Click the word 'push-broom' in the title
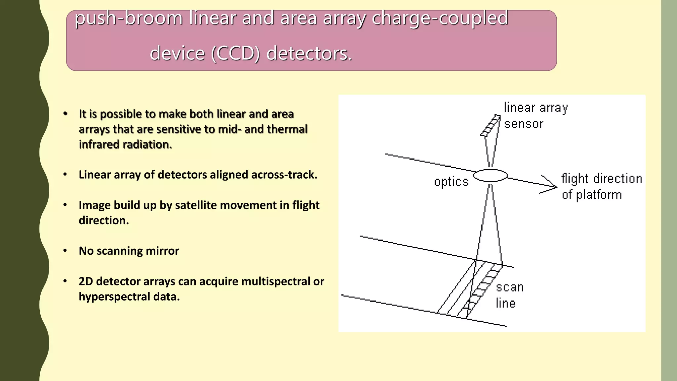128,18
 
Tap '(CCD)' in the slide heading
236,54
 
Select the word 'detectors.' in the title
309,54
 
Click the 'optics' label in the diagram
451,182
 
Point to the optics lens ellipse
491,175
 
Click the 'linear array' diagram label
536,108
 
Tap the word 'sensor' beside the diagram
524,124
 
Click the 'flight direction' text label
602,179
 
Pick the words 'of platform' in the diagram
592,195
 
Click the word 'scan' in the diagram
510,287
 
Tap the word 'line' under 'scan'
505,303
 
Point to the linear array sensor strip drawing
491,126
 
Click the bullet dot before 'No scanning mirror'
65,250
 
